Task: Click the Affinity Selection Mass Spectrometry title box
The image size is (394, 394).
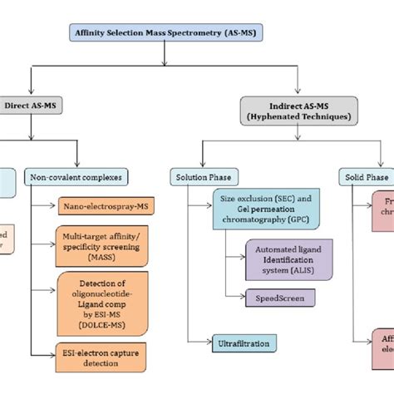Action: [165, 34]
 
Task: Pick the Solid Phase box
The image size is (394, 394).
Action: [367, 176]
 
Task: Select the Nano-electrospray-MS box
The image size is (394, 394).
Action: [103, 204]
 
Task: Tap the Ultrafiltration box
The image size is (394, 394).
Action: [241, 341]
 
